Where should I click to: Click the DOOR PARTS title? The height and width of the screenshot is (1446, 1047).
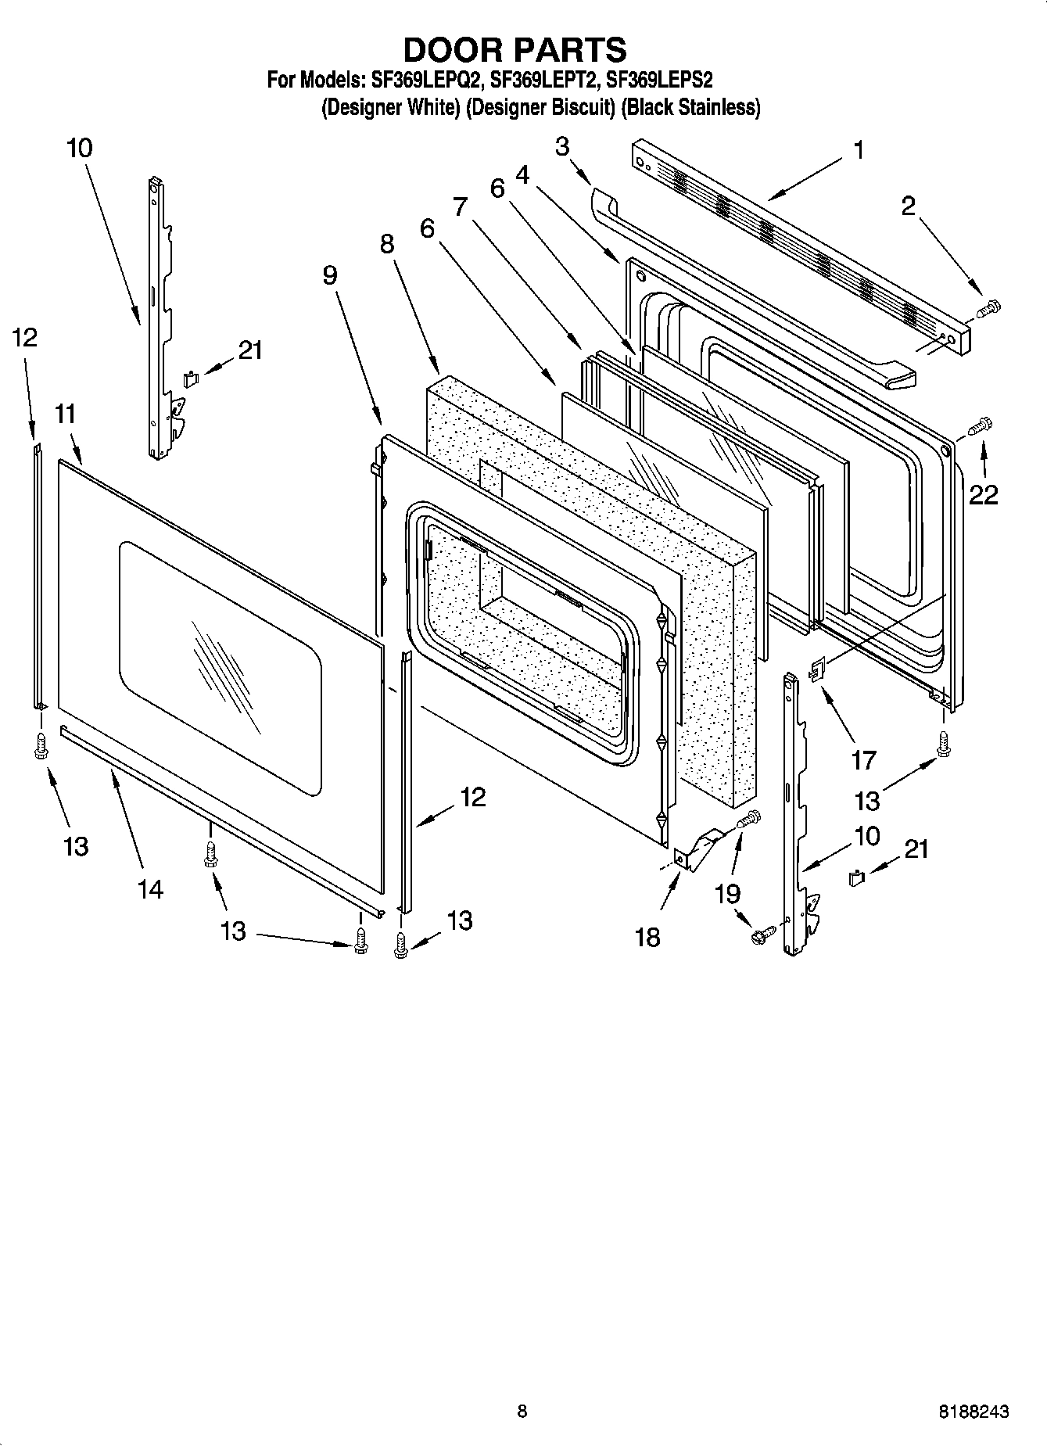pos(515,49)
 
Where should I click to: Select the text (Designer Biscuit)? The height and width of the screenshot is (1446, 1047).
pos(540,108)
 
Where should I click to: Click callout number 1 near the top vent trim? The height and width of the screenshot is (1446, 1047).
pos(859,150)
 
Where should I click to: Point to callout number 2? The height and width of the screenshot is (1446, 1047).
pos(908,206)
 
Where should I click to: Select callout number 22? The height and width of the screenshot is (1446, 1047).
pos(984,494)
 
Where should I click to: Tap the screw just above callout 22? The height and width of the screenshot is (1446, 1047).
pos(981,426)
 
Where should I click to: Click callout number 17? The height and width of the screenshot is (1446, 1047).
pos(863,759)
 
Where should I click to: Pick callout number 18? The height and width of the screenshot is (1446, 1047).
pos(647,936)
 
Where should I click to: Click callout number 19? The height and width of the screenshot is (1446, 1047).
pos(728,893)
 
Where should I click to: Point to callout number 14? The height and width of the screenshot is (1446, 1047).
pos(150,888)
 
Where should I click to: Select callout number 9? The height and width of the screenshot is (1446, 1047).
pos(329,274)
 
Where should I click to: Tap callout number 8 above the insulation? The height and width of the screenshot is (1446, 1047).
pos(388,244)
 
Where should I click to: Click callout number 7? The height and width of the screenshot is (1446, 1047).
pos(460,207)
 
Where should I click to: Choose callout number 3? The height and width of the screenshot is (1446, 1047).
pos(562,146)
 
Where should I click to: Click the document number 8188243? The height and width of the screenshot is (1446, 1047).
pos(973,1412)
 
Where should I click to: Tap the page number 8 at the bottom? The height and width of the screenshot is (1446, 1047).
pos(522,1412)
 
